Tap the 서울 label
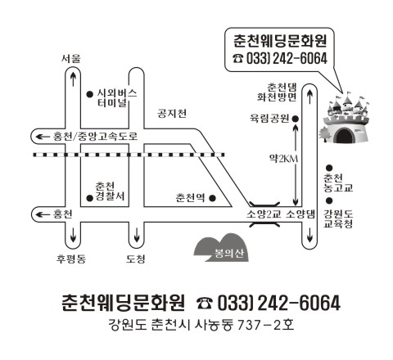coord(71,58)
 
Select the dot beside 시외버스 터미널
coord(90,94)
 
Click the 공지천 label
coord(172,113)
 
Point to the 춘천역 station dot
coord(212,198)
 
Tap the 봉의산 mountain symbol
coord(221,248)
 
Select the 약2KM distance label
coord(283,159)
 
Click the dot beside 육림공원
coord(296,119)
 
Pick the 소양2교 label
coord(264,214)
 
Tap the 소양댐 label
coord(300,214)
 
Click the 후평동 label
coord(71,259)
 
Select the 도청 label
coord(136,259)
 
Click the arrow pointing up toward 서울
coord(73,79)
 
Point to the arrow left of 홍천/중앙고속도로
coord(43,137)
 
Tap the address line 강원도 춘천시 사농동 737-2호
coord(201,325)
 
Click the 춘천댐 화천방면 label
coord(277,92)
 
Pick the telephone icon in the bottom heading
coord(205,304)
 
